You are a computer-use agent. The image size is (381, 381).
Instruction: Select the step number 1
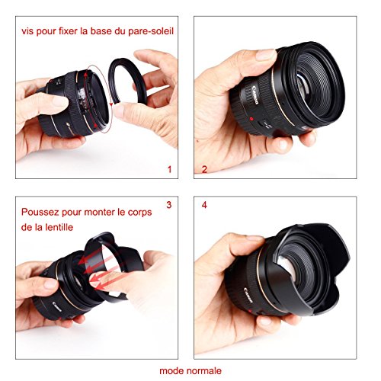pos(171,168)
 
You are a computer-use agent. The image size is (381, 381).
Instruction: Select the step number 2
pos(203,168)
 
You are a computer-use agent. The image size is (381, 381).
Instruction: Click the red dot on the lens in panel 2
pos(248,120)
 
